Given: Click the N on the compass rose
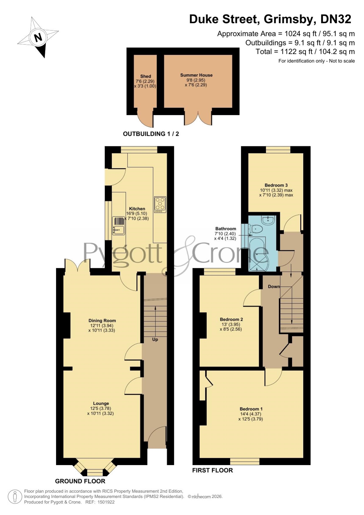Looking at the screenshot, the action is point(38,38).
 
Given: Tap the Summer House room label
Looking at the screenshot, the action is point(196,75).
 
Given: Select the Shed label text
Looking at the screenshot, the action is point(145,76).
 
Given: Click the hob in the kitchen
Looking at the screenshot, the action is point(160,205).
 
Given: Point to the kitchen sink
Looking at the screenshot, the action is point(118,226).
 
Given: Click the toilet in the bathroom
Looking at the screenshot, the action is point(255,229).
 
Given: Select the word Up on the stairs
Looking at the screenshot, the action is point(155,340).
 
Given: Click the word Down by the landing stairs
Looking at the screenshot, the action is point(274,286).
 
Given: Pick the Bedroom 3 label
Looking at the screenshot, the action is point(276,185).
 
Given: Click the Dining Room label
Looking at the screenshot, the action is point(102,320).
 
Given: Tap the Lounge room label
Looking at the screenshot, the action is point(101,403).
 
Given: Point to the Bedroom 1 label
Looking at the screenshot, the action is point(251,409).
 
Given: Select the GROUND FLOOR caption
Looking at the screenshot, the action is point(80,481).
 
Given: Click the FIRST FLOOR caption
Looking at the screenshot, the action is point(212,470).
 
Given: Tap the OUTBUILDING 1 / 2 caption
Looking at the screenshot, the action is point(151,134).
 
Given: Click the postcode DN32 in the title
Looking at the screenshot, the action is point(336,19).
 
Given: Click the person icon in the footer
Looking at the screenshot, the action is point(15,497).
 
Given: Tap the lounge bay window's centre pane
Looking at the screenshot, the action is point(95,472).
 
